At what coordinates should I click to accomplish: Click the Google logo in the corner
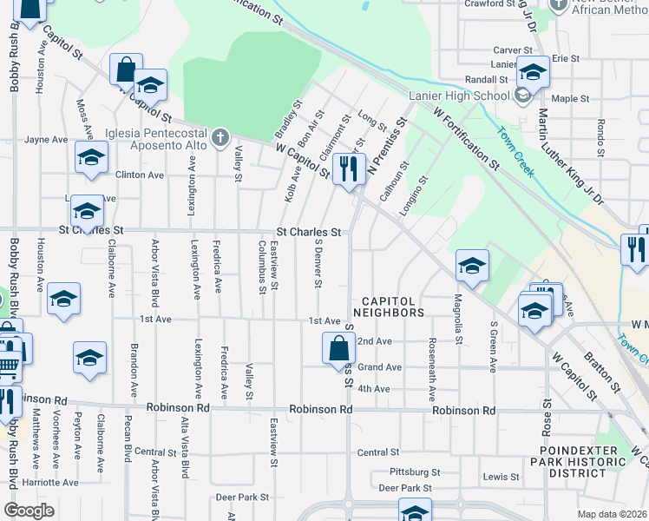pyautogui.click(x=29, y=511)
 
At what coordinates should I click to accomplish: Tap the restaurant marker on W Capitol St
pyautogui.click(x=349, y=168)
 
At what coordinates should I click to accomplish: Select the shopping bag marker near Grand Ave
pyautogui.click(x=338, y=348)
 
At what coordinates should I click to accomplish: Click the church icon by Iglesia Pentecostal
pyautogui.click(x=220, y=138)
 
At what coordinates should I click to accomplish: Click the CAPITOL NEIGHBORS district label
pyautogui.click(x=389, y=307)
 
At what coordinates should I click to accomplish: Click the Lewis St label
pyautogui.click(x=501, y=477)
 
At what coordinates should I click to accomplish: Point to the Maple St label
pyautogui.click(x=570, y=99)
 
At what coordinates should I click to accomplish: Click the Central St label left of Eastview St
pyautogui.click(x=156, y=452)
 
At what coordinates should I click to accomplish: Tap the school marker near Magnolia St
pyautogui.click(x=472, y=265)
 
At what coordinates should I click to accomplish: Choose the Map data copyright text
pyautogui.click(x=613, y=514)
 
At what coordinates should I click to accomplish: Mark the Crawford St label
pyautogui.click(x=489, y=4)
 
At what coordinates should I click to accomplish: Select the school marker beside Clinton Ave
pyautogui.click(x=90, y=157)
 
